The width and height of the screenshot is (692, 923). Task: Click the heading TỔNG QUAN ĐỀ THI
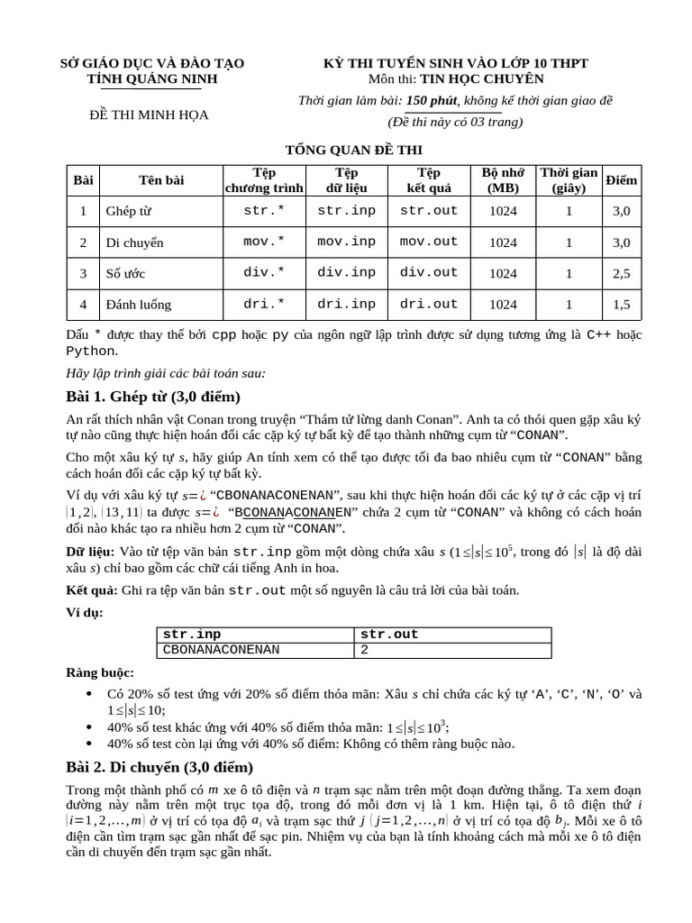point(341,150)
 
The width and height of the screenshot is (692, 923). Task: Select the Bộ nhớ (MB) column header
point(503,180)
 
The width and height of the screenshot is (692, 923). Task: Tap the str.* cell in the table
point(264,211)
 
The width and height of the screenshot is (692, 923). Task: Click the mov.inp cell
point(346,242)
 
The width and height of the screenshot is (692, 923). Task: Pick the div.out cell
point(429,272)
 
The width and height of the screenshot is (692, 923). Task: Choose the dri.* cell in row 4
point(264,304)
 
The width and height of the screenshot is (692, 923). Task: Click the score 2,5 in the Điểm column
point(622,273)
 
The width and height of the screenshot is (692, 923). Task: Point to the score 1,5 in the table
point(622,305)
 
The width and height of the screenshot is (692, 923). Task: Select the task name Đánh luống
point(138,305)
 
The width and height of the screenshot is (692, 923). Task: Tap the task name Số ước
point(125,273)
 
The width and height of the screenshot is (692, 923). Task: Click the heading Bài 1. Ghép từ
point(153,397)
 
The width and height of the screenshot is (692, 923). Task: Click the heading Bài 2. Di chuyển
point(159,767)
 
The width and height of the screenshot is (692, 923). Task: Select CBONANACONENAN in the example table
point(221,649)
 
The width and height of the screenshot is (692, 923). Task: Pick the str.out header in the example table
point(389,634)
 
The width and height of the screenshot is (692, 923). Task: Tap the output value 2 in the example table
point(365,649)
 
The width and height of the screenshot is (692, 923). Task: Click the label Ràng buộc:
point(100,672)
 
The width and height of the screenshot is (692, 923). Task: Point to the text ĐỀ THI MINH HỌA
point(149,115)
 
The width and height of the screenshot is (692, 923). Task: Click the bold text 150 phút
point(432,100)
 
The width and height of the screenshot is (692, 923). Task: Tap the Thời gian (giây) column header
point(569,180)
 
